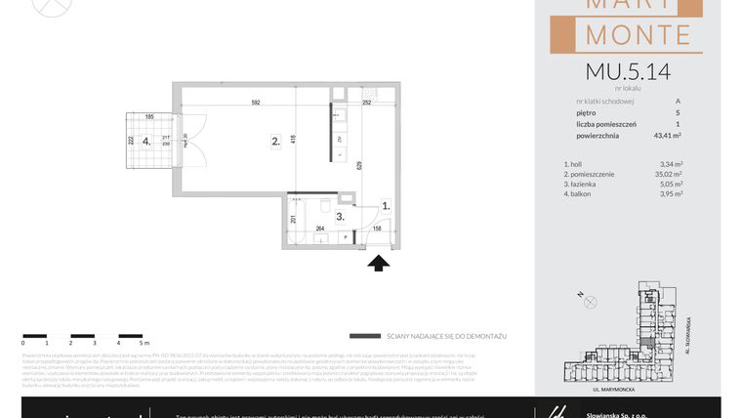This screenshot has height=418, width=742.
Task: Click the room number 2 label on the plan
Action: [276, 142]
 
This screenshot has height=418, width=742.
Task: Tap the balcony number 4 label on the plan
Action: [146, 140]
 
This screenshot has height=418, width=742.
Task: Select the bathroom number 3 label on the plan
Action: [340, 217]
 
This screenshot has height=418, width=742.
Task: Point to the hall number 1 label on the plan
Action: [386, 206]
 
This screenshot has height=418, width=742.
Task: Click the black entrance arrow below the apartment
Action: [379, 261]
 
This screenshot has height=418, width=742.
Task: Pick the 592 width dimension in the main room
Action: [255, 103]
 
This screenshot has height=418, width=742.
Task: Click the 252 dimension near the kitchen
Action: [367, 103]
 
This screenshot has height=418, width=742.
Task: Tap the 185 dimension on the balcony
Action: [150, 117]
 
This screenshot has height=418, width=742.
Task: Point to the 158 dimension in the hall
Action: [377, 230]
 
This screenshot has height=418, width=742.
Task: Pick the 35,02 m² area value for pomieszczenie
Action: [671, 174]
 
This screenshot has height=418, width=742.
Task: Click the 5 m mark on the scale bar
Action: [144, 344]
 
